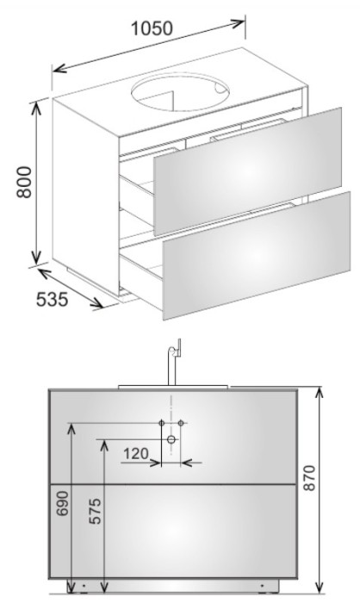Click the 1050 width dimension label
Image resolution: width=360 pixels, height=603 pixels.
click(152, 28)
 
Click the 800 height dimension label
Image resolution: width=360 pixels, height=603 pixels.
click(24, 182)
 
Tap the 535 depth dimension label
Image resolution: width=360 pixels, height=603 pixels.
click(52, 299)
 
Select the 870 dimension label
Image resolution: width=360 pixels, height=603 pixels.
click(309, 477)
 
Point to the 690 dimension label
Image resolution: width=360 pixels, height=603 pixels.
click(62, 503)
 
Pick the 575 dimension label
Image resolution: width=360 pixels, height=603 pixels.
click(95, 511)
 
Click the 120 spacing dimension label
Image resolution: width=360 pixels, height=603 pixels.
click(136, 454)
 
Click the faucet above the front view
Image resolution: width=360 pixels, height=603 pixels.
click(174, 362)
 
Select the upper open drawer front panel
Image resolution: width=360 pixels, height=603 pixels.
click(247, 171)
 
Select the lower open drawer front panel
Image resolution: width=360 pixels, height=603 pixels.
click(257, 256)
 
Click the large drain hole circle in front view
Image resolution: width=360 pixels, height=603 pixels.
click(171, 439)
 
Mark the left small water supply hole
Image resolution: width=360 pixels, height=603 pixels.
click(162, 423)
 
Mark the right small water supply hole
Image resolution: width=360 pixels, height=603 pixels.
click(181, 423)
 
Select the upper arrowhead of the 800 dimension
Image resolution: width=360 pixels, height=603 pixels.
click(36, 109)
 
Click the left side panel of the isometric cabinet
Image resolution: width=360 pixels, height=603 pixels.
click(86, 192)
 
